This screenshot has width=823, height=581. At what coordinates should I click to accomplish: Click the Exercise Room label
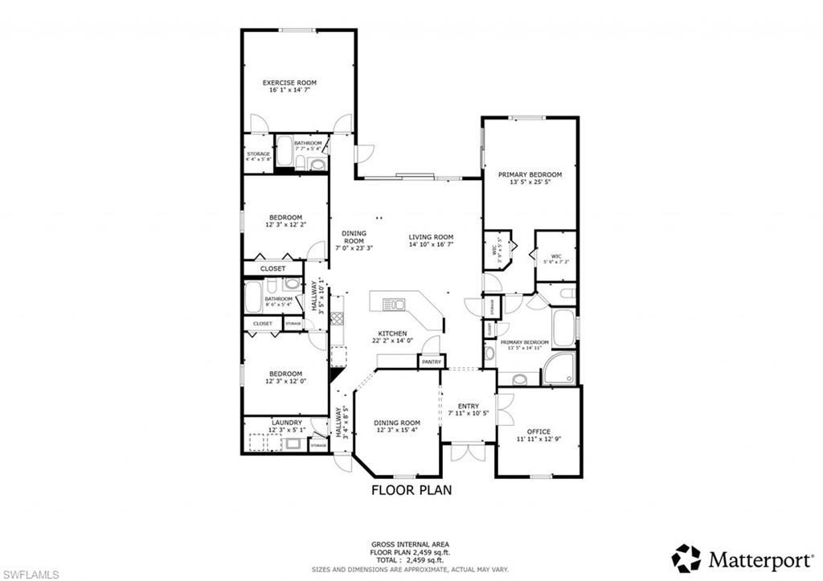click(x=289, y=83)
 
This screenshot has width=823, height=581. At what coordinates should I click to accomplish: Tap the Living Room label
click(x=431, y=237)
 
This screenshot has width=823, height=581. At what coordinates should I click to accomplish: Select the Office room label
click(x=538, y=432)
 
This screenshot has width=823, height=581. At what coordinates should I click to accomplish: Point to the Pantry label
click(x=431, y=362)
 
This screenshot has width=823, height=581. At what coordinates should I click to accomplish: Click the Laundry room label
click(x=286, y=422)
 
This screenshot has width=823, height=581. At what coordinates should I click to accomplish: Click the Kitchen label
click(x=393, y=333)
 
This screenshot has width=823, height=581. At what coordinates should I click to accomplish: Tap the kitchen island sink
click(x=395, y=304)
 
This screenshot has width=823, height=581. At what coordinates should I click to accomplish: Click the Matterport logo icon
click(x=686, y=558)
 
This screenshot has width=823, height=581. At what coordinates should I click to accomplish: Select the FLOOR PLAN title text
click(x=411, y=489)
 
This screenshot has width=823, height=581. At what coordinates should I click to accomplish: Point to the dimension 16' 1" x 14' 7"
click(x=289, y=91)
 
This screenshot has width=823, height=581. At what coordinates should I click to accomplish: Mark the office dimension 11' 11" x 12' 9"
click(x=538, y=440)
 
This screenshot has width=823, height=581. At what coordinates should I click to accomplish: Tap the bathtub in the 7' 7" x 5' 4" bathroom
click(x=284, y=153)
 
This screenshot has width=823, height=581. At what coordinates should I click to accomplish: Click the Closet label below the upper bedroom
click(x=272, y=268)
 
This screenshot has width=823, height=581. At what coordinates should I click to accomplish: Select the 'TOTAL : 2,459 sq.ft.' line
click(x=411, y=560)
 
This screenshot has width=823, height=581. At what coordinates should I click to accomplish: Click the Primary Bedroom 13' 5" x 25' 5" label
click(x=530, y=174)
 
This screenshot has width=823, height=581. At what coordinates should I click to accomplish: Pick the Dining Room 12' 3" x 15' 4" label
click(x=398, y=423)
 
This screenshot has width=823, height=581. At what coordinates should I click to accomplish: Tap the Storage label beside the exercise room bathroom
click(x=258, y=153)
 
